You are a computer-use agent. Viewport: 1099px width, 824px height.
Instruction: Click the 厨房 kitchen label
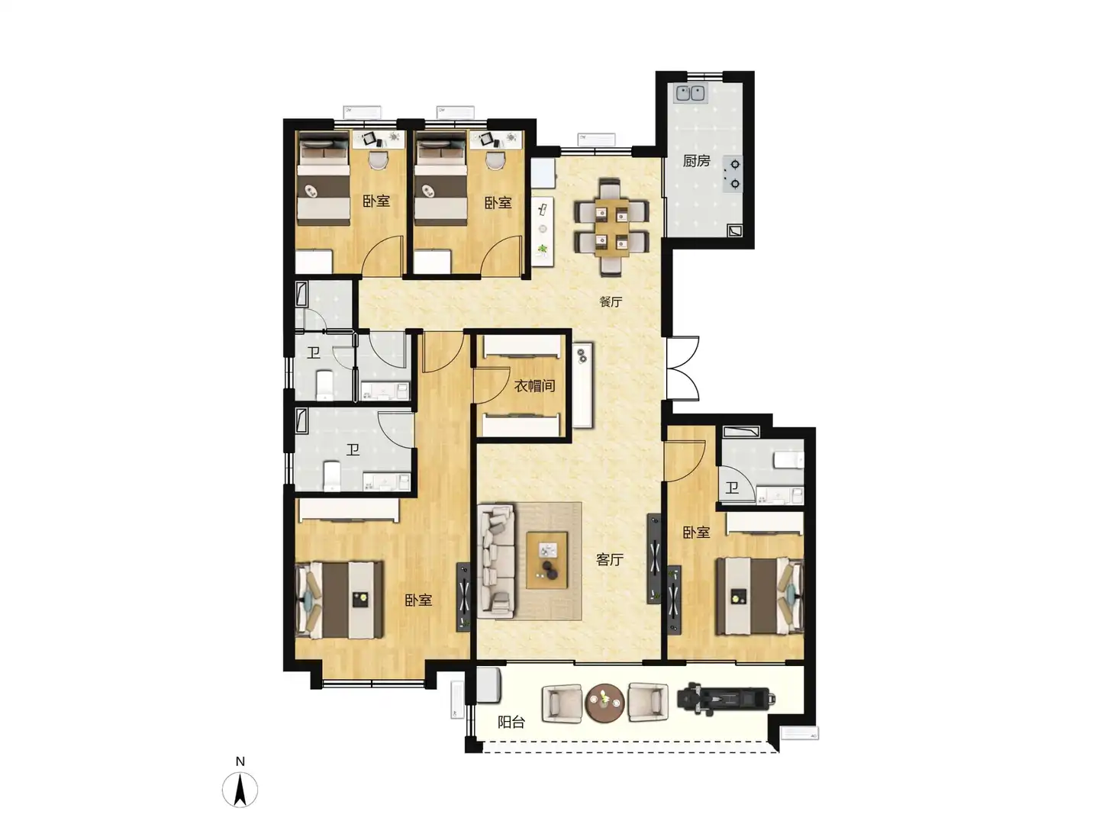pos(696,161)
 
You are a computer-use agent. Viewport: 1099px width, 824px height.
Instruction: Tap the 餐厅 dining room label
pos(611,301)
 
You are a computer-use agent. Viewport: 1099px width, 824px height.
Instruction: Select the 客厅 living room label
pos(609,559)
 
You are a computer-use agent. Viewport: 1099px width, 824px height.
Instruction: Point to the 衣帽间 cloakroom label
pos(534,386)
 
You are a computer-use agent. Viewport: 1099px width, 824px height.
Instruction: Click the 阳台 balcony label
pos(511,722)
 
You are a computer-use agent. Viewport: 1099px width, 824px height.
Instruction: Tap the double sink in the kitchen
pos(691,93)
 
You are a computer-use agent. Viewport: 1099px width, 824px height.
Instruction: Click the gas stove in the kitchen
pos(733,174)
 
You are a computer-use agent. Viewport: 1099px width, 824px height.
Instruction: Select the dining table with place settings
pos(611,227)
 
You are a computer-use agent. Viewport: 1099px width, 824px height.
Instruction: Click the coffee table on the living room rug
pos(546,560)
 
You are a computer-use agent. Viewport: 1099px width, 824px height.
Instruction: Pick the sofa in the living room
pos(495,561)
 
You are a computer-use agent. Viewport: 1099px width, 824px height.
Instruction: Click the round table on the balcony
pos(604,703)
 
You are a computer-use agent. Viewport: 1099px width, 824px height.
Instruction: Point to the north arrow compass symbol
pos(240,790)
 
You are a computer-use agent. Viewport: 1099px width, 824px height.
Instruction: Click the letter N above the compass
pos(240,761)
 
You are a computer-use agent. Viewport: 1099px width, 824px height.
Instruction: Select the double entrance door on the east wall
pos(682,368)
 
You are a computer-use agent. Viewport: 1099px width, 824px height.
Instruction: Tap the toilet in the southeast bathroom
pos(788,460)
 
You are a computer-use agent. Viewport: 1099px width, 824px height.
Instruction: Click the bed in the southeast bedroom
pos(759,597)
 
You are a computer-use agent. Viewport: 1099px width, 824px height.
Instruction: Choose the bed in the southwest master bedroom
pos(340,600)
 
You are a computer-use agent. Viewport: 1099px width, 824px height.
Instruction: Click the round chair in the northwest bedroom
pos(378,160)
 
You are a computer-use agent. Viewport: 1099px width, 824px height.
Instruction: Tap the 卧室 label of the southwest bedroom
pos(418,600)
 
